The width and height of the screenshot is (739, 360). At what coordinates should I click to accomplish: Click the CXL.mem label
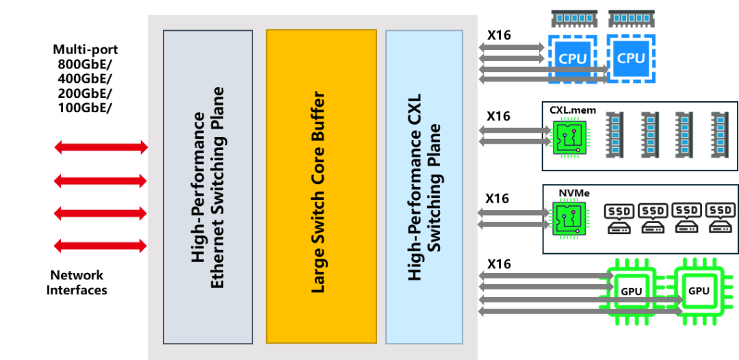tap(573, 110)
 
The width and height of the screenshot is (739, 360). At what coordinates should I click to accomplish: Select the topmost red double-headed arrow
tap(101, 146)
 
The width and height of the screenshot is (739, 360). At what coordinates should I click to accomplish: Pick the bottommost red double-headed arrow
tap(101, 245)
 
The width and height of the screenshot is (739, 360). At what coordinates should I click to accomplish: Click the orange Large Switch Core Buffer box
tap(321, 186)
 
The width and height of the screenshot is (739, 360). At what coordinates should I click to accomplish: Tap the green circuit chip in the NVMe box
tap(569, 219)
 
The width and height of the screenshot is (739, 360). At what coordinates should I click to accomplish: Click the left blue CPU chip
tap(573, 59)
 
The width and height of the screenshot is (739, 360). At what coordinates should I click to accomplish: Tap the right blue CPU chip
tap(631, 59)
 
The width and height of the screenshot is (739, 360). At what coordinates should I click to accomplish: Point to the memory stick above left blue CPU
tap(574, 18)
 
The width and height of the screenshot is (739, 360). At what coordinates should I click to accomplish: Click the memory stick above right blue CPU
tap(631, 18)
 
